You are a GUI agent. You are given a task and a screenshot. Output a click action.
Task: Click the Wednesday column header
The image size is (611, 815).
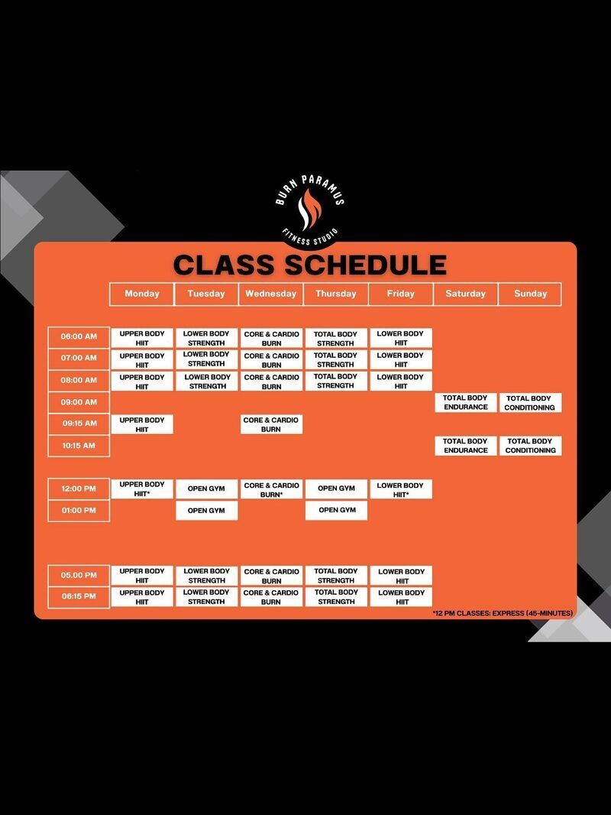[271, 294]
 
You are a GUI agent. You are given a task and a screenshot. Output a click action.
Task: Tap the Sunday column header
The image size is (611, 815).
[530, 294]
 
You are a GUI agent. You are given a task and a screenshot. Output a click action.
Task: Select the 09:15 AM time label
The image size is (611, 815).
[79, 424]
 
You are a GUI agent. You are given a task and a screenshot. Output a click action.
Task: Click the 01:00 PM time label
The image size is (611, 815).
[79, 511]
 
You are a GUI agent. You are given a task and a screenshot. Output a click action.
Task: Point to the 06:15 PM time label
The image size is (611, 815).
[79, 596]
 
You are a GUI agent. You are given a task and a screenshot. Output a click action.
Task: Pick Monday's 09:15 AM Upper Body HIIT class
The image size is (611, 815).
[142, 424]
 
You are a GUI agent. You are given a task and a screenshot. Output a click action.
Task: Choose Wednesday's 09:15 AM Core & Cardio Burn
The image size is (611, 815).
[271, 424]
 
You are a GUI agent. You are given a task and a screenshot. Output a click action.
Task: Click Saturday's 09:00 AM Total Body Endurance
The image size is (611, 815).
[465, 403]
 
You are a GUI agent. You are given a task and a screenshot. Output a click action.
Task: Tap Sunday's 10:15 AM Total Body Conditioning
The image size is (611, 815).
[530, 446]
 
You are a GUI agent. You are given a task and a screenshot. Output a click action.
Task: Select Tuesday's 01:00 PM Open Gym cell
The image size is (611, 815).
[207, 511]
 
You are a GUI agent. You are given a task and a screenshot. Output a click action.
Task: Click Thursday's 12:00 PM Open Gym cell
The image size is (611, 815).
[336, 489]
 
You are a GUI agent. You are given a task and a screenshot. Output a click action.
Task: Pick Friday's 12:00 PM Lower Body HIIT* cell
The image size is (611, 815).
[401, 489]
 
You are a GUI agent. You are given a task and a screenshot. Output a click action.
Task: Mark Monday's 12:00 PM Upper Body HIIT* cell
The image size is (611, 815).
[142, 489]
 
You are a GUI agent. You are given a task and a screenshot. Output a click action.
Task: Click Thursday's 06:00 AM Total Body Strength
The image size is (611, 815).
[336, 339]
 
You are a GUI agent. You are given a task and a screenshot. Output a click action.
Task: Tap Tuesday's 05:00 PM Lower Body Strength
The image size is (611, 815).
[207, 576]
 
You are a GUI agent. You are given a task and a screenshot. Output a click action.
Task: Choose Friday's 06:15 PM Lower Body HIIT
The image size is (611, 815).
[401, 597]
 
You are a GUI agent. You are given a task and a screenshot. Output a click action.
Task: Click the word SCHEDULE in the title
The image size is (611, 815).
[366, 265]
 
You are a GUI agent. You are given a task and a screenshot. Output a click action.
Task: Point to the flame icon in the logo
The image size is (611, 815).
[309, 210]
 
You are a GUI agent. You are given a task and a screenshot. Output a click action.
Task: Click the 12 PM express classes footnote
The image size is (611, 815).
[503, 613]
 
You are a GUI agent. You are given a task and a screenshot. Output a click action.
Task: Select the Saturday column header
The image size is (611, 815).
[466, 294]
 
